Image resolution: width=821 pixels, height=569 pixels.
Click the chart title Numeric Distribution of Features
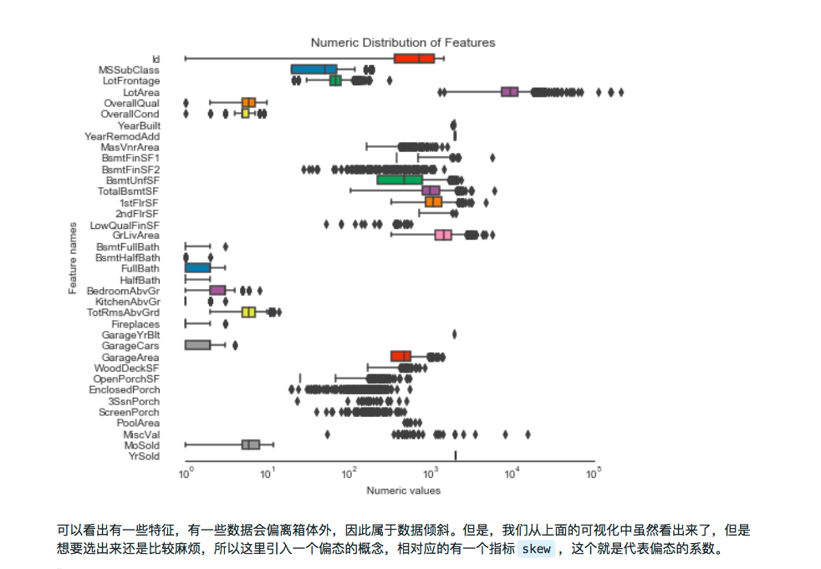click(403, 42)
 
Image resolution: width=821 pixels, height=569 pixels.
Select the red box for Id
click(415, 58)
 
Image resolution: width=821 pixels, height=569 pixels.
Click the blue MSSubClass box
click(314, 69)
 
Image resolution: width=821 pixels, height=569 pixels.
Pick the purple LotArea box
click(509, 92)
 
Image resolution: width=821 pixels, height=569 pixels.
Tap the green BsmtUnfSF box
click(400, 180)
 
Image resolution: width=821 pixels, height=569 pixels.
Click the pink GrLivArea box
click(443, 236)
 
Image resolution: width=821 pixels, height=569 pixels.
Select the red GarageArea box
click(400, 357)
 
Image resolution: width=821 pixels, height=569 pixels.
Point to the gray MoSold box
click(251, 445)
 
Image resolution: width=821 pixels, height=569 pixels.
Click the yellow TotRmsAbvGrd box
click(248, 312)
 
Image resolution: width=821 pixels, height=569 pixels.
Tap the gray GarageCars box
click(197, 345)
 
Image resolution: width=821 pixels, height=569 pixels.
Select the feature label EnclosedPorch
click(125, 390)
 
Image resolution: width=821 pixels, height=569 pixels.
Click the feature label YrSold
click(144, 456)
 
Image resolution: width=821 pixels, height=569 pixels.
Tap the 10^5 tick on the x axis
click(594, 473)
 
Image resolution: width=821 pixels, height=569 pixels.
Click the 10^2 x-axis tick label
click(349, 473)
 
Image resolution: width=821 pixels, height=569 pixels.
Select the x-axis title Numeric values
click(403, 490)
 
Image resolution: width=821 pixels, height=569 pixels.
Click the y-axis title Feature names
click(74, 257)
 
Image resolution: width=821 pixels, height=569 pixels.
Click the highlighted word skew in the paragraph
click(536, 549)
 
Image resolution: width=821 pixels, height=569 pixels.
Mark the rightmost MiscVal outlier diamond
click(528, 434)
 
